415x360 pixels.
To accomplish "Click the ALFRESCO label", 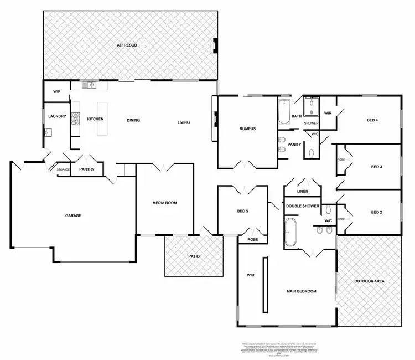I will tap(127, 44).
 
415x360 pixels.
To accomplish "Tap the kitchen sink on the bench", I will tap(88, 85).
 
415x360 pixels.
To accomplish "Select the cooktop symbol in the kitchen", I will tap(75, 119).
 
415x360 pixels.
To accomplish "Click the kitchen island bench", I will tap(102, 119).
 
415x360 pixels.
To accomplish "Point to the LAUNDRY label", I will tap(57, 116).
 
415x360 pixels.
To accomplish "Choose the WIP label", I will tap(56, 91).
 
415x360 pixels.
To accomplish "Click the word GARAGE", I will tap(73, 215).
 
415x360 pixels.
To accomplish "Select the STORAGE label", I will tap(63, 169).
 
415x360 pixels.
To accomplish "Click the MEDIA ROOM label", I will tap(164, 203).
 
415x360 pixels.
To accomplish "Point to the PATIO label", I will tap(193, 256).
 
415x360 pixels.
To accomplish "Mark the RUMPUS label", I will tap(247, 129).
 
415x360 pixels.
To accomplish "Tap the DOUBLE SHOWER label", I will tap(302, 206).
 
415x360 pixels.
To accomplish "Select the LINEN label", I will tap(302, 191).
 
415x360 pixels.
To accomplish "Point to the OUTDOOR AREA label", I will tap(369, 281).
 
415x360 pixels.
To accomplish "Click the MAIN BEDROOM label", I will tap(301, 291).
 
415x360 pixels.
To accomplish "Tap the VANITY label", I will tap(294, 145).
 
